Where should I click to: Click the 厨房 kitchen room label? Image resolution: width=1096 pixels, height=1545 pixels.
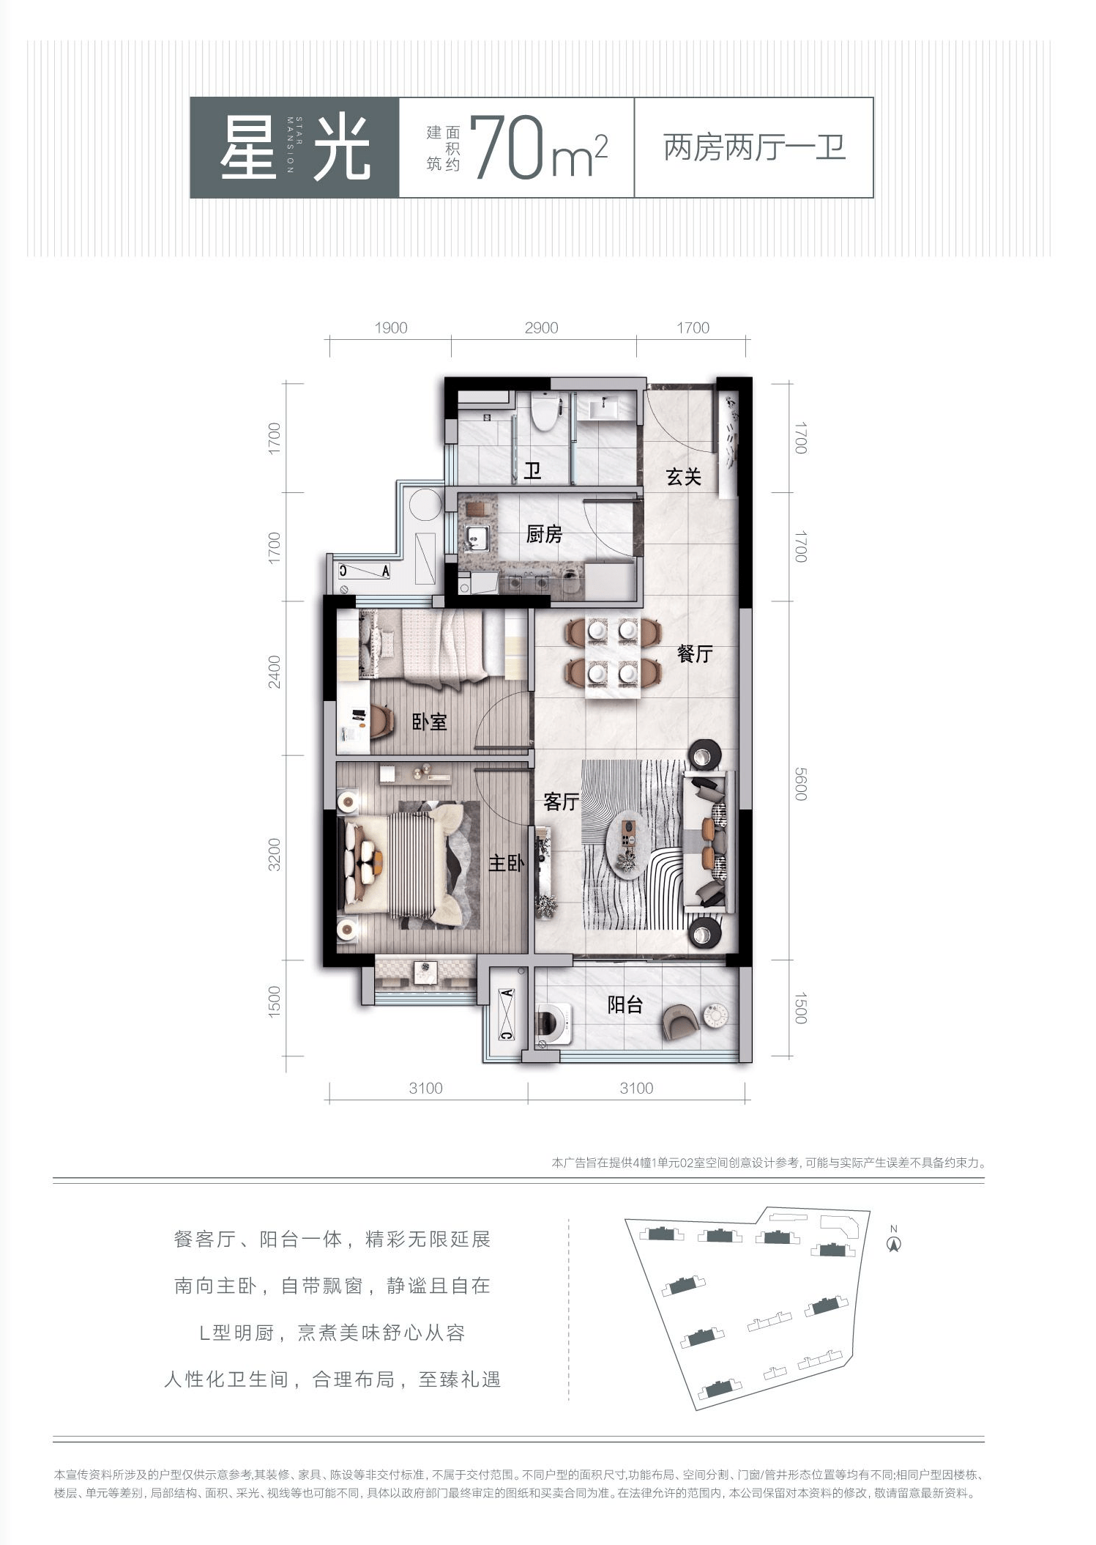[544, 534]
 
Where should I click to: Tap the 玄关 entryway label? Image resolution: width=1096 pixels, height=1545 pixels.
[684, 478]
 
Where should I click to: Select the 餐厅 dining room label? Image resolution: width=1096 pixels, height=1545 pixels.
[695, 653]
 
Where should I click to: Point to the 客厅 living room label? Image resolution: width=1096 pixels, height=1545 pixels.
[562, 802]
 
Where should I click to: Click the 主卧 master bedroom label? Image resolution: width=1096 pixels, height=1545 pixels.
[507, 864]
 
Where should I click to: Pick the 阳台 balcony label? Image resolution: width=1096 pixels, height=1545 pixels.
[625, 1005]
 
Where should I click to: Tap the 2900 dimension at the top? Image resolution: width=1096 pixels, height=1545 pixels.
[541, 328]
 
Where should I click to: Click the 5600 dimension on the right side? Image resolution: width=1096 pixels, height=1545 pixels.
[800, 784]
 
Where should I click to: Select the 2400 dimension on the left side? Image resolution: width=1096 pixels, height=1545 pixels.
[274, 671]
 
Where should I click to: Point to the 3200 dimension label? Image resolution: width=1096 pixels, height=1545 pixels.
[274, 854]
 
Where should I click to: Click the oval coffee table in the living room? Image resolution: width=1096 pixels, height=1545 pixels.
[627, 844]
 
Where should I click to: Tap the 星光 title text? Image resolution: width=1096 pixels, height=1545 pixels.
[295, 148]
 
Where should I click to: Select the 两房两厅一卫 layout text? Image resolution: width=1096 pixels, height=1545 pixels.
[755, 148]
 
